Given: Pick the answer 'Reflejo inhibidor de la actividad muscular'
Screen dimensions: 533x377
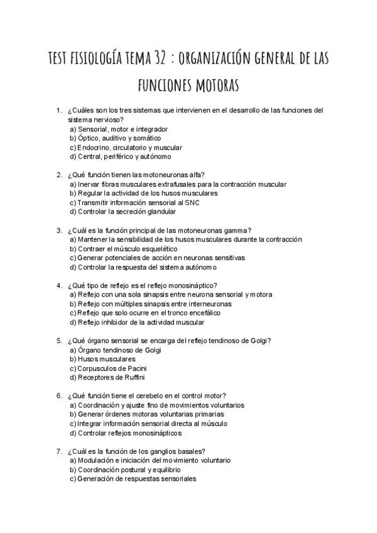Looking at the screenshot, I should (136, 322).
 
